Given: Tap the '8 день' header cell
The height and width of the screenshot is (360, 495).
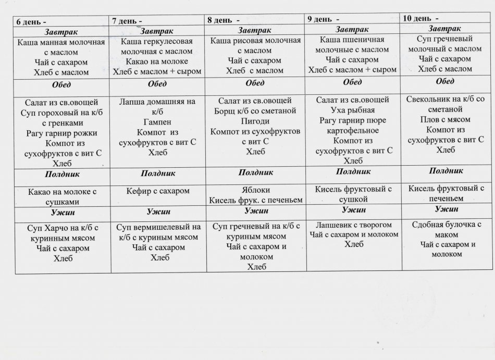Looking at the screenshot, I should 221,20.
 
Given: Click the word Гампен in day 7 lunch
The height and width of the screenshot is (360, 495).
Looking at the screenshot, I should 157,121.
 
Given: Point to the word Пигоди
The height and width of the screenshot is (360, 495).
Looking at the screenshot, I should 254,121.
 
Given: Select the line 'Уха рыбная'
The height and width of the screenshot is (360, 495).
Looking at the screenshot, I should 353,110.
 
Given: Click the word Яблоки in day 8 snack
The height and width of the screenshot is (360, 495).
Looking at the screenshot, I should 255,190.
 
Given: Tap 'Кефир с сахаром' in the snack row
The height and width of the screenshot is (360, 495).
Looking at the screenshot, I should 157,191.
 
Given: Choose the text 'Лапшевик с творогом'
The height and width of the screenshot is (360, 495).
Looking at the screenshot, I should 354,225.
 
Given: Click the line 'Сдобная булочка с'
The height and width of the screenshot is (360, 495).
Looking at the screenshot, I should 446,225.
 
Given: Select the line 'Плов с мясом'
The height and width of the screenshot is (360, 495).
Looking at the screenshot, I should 446,120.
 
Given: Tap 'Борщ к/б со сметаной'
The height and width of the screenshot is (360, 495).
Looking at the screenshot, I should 255,111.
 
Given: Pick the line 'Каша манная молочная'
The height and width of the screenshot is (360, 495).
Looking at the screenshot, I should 61,42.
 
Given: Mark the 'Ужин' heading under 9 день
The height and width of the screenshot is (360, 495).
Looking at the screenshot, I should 354,210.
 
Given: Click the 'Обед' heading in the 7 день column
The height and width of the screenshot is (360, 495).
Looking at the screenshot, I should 157,84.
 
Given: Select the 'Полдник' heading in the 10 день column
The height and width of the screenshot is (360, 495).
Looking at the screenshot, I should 446,170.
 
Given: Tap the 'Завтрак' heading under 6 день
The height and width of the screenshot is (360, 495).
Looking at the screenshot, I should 61,32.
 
